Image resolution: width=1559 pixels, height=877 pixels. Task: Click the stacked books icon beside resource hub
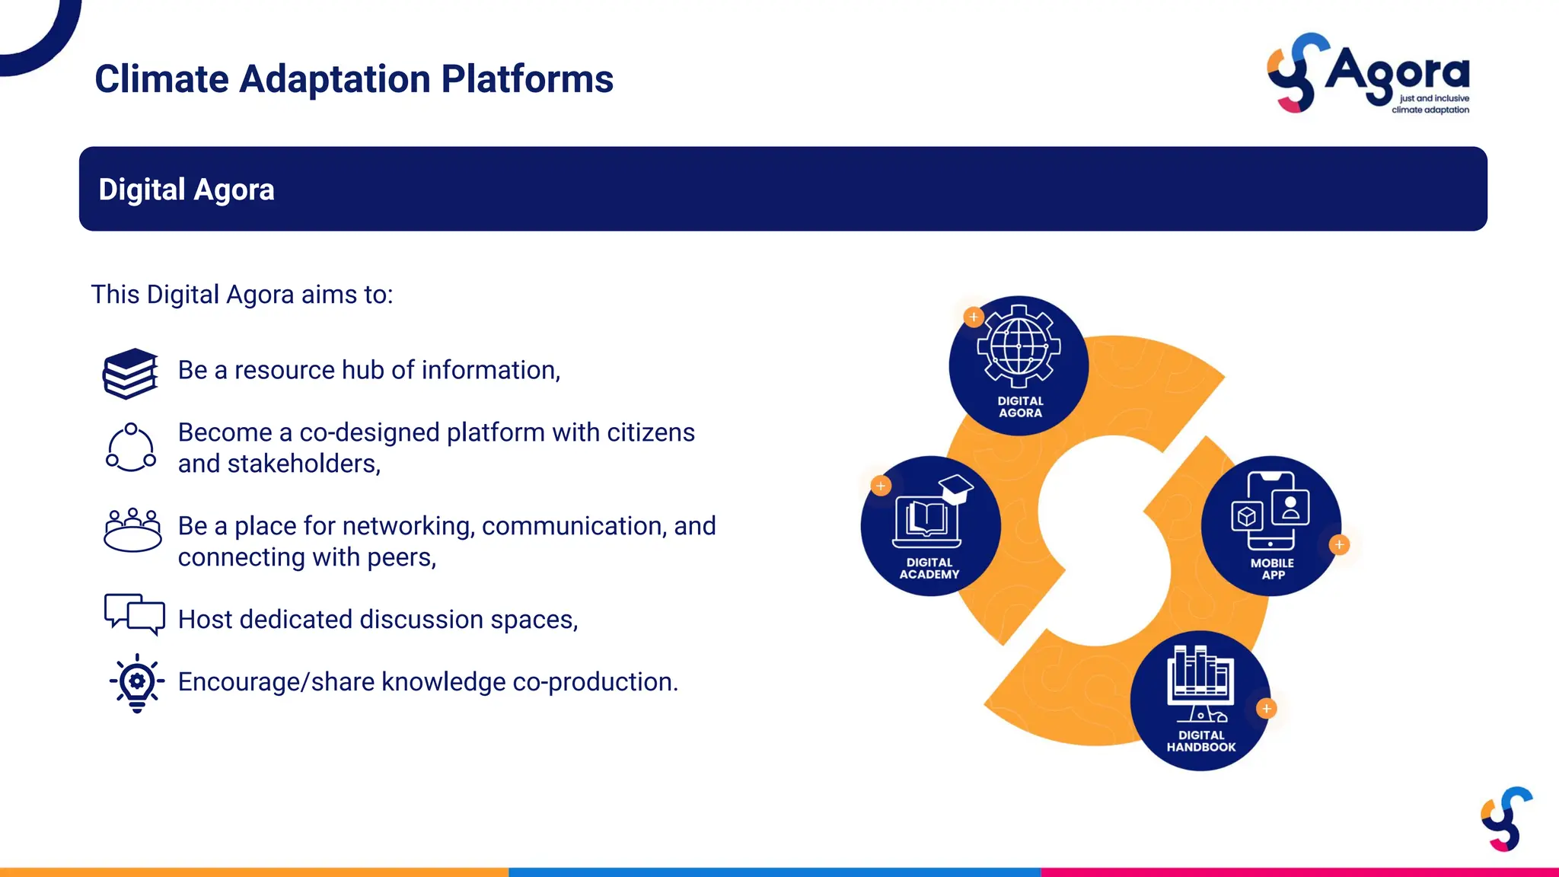pos(131,373)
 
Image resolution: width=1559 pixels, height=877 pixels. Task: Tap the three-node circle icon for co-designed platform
pos(131,448)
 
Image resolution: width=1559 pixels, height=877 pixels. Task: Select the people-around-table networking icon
pos(132,530)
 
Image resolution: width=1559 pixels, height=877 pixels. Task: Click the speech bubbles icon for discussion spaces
pos(135,614)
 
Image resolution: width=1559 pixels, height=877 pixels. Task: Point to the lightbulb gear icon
pos(137,682)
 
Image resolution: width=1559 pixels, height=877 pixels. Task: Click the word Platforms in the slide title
pos(527,79)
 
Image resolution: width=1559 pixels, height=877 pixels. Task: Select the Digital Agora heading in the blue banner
pos(187,190)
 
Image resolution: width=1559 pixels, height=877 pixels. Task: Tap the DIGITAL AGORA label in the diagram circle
pos(1020,407)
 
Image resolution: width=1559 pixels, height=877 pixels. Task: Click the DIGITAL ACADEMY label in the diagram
pos(929,569)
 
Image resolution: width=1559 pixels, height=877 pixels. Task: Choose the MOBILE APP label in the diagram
pos(1272,569)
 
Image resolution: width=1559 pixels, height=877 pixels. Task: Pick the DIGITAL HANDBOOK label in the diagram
pos(1201,741)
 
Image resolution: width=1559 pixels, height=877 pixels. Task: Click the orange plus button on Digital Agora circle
pos(974,317)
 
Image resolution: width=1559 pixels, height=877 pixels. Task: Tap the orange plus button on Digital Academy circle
pos(881,486)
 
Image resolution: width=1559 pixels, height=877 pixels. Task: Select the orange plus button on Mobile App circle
pos(1340,545)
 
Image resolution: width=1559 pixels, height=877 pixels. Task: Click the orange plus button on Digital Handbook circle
pos(1267,709)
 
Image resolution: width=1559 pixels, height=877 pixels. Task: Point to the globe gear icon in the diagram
pos(1019,346)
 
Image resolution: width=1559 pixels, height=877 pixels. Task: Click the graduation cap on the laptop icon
pos(956,488)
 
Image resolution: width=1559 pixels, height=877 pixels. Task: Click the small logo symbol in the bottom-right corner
pos(1506,819)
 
